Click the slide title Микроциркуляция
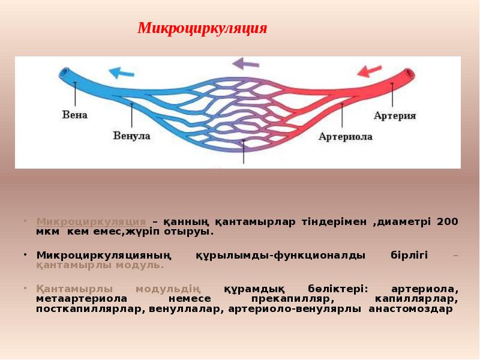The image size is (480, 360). tap(202, 28)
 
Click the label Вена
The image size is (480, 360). tap(74, 114)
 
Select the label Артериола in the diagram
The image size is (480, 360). tap(345, 136)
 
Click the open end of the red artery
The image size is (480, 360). tap(410, 76)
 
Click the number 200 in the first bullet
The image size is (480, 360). tap(447, 221)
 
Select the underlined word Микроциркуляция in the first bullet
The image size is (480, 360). tap(91, 221)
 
